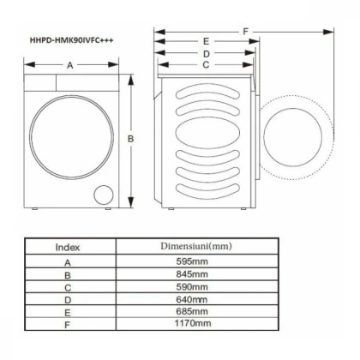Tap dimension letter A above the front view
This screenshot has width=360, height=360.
point(69,65)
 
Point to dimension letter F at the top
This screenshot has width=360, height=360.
point(245,32)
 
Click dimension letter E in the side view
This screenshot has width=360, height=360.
point(207,41)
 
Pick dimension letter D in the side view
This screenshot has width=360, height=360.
point(207,53)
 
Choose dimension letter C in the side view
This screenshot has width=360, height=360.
point(207,64)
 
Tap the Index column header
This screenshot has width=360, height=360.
point(68,247)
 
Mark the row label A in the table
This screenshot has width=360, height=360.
point(68,261)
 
